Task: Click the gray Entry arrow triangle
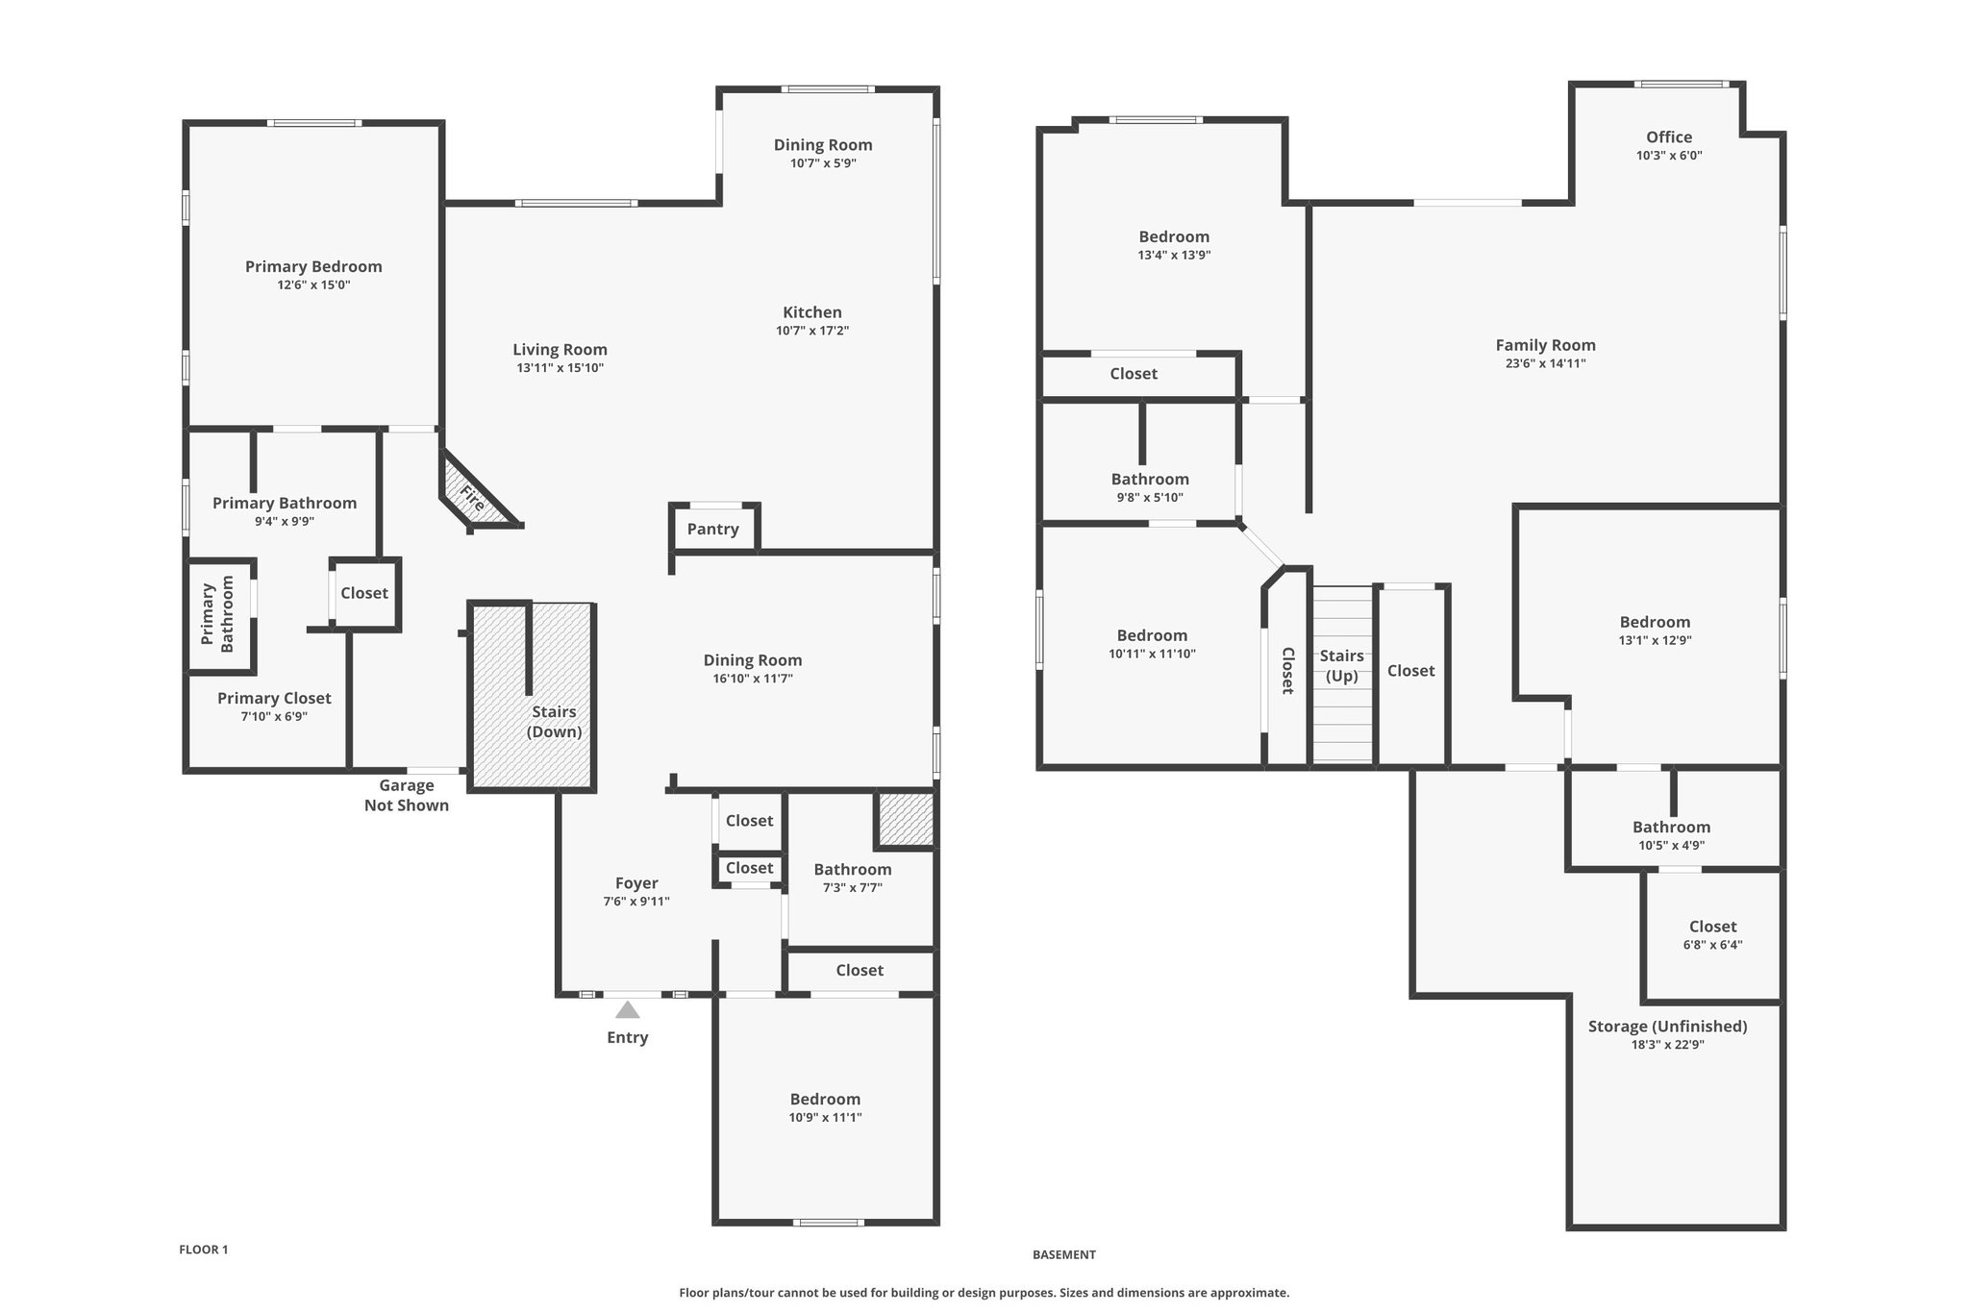(628, 1010)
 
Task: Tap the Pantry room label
(713, 530)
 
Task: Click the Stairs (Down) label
(555, 722)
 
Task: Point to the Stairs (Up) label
(1342, 665)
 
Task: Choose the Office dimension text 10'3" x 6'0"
(1669, 156)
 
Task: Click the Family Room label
(1546, 345)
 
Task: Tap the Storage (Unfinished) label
(1668, 1027)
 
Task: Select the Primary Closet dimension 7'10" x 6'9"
(274, 717)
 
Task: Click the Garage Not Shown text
(407, 796)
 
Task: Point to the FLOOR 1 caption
(204, 1250)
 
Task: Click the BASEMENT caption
(1064, 1254)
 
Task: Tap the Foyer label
(636, 883)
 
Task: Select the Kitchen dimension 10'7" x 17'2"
(812, 332)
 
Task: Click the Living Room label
(560, 350)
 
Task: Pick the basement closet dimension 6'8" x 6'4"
(1713, 945)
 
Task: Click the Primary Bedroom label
(313, 267)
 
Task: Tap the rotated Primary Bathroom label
(217, 614)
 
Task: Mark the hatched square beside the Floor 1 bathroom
(906, 820)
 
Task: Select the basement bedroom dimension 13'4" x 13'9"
(1174, 256)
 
